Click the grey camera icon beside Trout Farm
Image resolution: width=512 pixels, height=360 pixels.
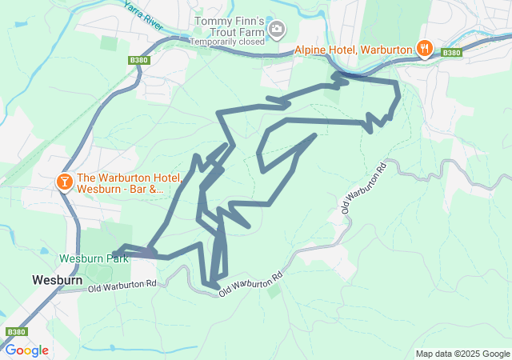[x=277, y=30]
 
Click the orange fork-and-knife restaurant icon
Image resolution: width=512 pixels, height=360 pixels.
[x=425, y=49]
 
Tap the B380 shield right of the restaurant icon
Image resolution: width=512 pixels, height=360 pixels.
[x=452, y=53]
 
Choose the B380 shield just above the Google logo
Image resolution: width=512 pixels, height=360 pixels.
[x=15, y=331]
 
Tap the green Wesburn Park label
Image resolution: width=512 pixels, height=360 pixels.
[x=94, y=259]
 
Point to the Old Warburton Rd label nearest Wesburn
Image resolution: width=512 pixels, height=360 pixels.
[x=122, y=286]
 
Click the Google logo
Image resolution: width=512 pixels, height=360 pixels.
[x=26, y=350]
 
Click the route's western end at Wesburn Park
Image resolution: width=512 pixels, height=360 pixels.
[x=117, y=253]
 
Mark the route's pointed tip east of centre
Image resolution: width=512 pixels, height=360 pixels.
[x=314, y=135]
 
